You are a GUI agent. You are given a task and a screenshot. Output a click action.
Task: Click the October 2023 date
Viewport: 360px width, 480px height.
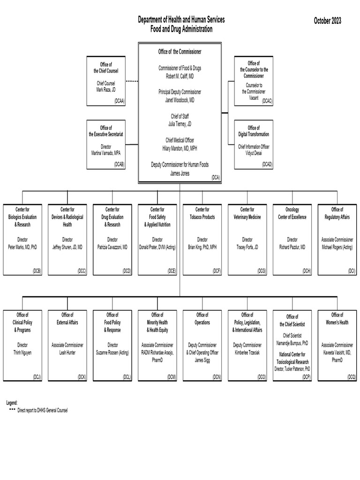(x=327, y=21)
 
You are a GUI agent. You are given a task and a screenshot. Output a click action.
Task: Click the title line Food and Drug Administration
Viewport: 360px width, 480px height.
(x=181, y=29)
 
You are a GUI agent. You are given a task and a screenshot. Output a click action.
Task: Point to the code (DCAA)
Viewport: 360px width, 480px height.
(x=119, y=101)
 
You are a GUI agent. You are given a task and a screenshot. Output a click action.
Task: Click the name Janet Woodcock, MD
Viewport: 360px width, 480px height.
(x=180, y=100)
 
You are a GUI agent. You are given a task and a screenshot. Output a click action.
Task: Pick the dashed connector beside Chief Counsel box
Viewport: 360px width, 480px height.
(x=132, y=82)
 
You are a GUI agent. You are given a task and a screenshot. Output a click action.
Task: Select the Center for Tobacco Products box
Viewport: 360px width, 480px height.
(x=202, y=239)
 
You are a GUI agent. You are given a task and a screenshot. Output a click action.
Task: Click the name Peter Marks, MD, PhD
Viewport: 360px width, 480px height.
(x=22, y=247)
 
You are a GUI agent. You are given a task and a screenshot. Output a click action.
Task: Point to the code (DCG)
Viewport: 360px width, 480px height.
(x=262, y=271)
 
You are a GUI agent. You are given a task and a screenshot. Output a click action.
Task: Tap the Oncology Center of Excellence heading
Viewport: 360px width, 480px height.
(x=292, y=213)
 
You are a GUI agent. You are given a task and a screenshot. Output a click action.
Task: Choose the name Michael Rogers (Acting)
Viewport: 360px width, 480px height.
(x=337, y=247)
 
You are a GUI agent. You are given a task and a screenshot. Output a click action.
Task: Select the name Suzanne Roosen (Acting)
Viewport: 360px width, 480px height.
(x=112, y=352)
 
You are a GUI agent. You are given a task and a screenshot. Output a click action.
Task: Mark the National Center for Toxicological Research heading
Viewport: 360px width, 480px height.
(x=292, y=358)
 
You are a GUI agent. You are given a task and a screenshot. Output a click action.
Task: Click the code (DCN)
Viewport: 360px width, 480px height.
(x=217, y=376)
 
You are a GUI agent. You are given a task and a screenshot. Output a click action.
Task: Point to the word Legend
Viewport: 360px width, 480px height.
(x=12, y=403)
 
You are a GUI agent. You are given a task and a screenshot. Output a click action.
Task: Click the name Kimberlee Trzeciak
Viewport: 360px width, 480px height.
(x=247, y=352)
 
